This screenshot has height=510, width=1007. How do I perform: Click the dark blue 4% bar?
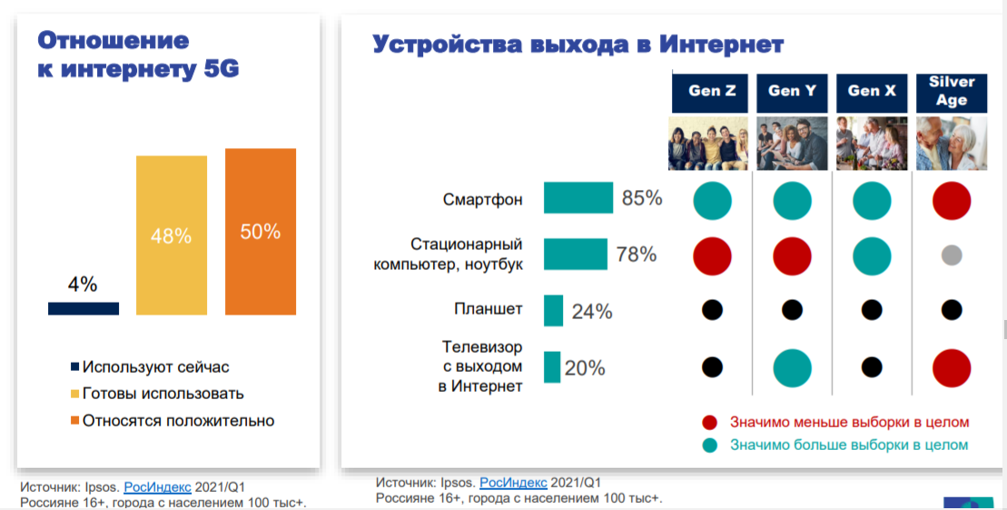84,309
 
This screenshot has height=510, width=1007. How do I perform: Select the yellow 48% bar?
172,235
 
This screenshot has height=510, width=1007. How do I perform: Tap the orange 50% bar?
260,232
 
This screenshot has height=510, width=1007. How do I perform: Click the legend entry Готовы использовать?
157,394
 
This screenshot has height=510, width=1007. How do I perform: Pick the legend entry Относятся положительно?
173,421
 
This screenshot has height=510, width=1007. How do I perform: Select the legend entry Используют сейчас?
150,367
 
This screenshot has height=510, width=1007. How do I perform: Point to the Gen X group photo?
872,143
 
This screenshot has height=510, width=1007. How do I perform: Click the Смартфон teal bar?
578,197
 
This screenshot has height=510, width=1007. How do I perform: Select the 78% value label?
636,255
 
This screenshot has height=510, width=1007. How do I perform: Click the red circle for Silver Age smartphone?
951,201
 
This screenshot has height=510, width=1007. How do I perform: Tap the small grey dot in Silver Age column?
951,255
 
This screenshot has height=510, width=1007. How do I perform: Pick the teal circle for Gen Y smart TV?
792,368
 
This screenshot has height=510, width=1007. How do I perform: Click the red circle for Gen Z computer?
712,255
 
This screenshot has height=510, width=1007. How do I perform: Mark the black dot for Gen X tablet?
872,310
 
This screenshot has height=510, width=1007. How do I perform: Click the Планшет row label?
489,309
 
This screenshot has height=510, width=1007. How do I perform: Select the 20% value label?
585,368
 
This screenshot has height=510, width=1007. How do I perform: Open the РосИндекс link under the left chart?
157,487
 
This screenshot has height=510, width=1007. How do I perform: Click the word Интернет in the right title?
721,45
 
